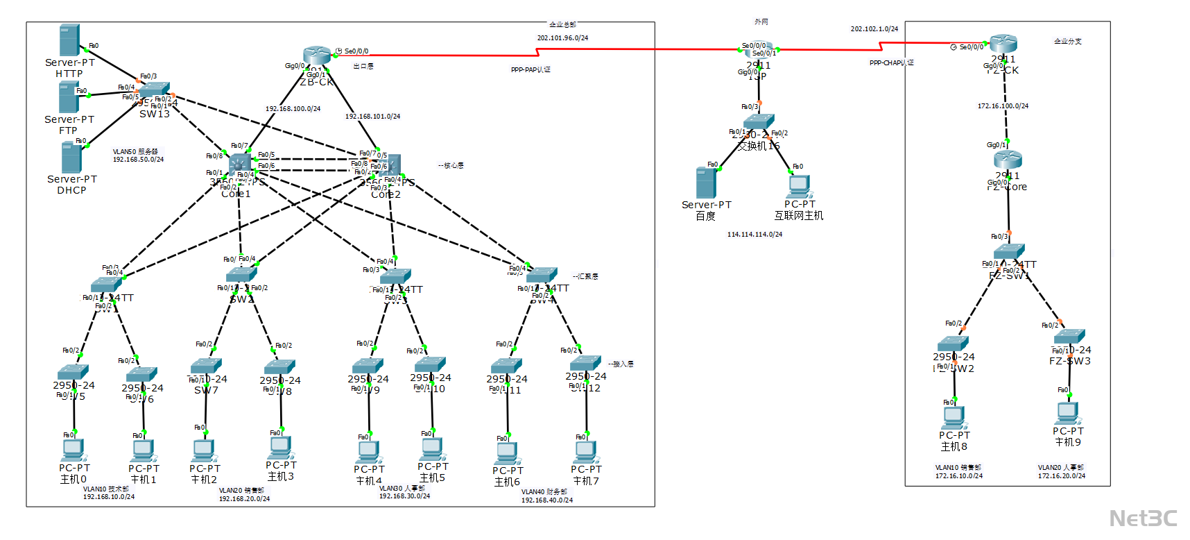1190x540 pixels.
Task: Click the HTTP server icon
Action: pyautogui.click(x=69, y=40)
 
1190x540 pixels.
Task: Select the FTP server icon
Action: pyautogui.click(x=69, y=97)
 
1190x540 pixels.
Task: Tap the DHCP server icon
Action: pyautogui.click(x=71, y=158)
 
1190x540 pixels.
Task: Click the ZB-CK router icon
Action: pyautogui.click(x=317, y=56)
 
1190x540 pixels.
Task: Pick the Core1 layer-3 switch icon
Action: pyautogui.click(x=240, y=165)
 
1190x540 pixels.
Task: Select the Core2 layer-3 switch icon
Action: pyautogui.click(x=389, y=165)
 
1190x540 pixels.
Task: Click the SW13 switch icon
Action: pyautogui.click(x=155, y=90)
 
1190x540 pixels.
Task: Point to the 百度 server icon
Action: pyautogui.click(x=706, y=183)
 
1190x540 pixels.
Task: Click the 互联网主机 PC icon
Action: pyautogui.click(x=799, y=186)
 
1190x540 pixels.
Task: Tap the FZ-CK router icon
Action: pyautogui.click(x=1003, y=44)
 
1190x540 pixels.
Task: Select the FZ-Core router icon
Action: pyautogui.click(x=1007, y=160)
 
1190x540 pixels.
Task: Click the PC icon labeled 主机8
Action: pyautogui.click(x=954, y=417)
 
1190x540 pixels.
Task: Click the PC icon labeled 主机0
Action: pyautogui.click(x=73, y=450)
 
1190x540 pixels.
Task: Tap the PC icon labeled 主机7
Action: pyautogui.click(x=586, y=452)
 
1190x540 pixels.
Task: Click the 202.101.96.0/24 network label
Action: pyautogui.click(x=562, y=38)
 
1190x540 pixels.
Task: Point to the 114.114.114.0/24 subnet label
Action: pyautogui.click(x=754, y=235)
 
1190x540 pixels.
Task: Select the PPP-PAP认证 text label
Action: pyautogui.click(x=531, y=70)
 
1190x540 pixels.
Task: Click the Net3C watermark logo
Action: pyautogui.click(x=1143, y=518)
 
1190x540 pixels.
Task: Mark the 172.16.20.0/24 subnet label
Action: pyautogui.click(x=1061, y=476)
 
